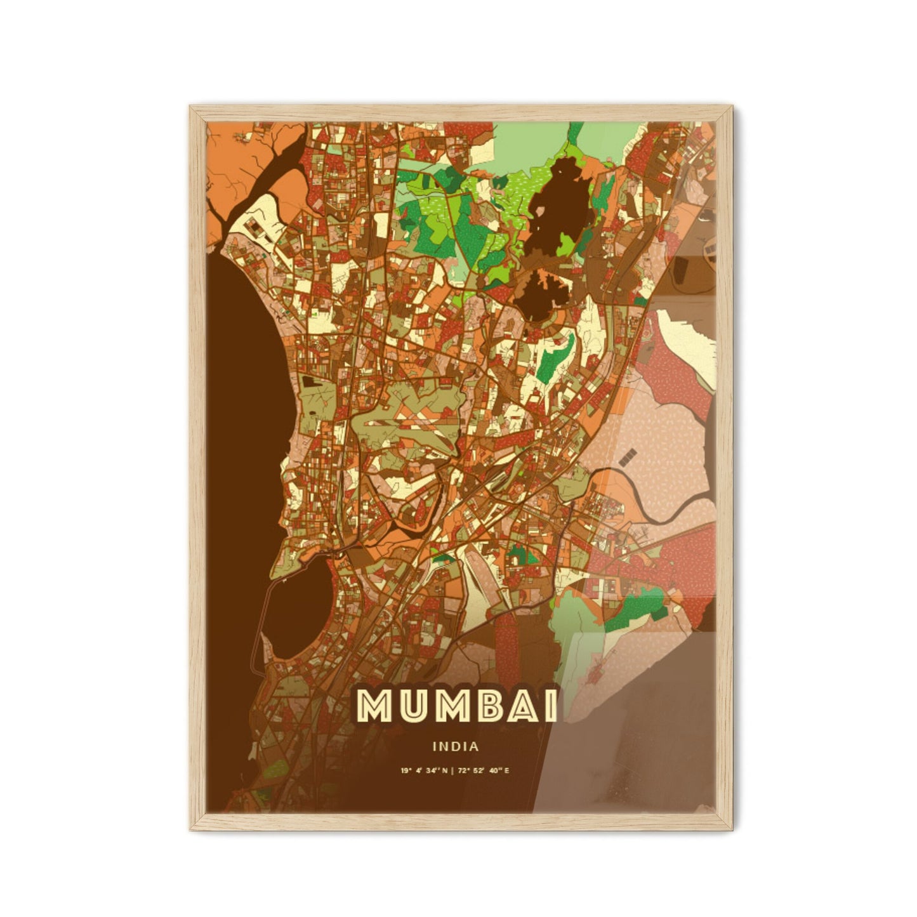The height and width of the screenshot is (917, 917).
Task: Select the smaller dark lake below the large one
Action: [x=540, y=292]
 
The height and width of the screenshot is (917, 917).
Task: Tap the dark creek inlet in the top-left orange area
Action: [x=279, y=159]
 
